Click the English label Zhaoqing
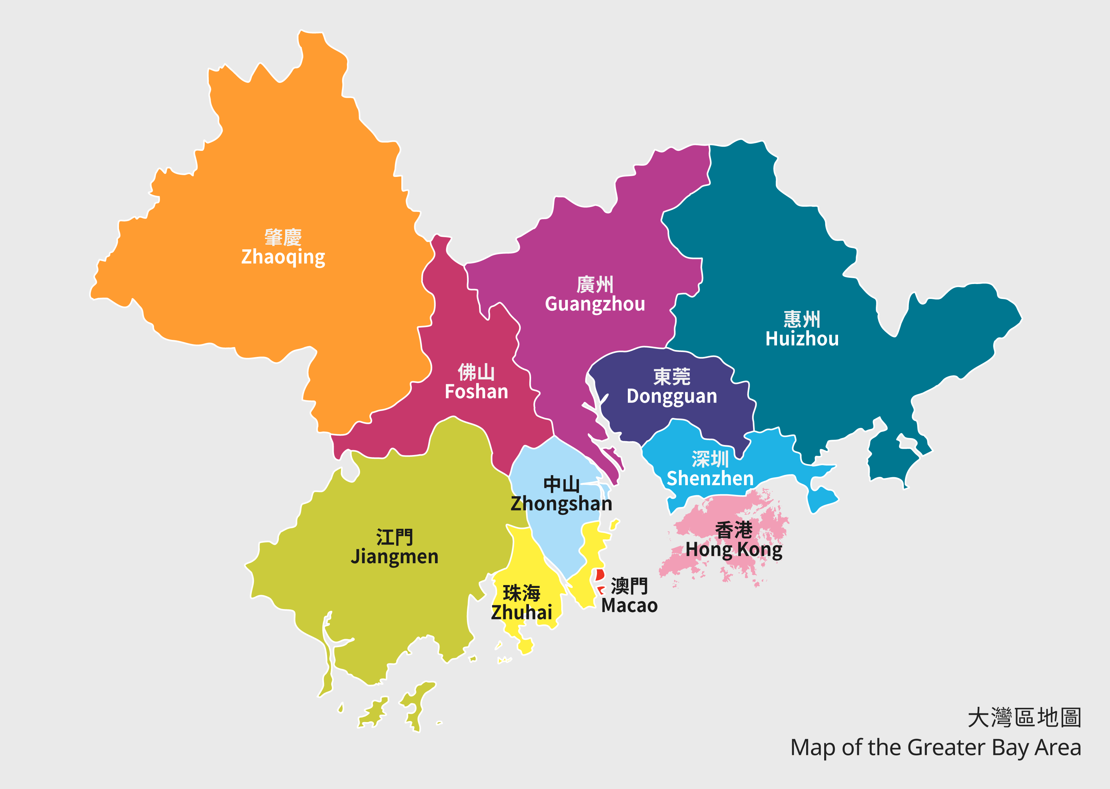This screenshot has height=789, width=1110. coord(283,257)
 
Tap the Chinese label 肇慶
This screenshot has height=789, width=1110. coord(283,238)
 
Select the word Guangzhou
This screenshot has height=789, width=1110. coord(595,305)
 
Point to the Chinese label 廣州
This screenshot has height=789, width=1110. coord(595,285)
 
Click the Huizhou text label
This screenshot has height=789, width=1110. coord(802,338)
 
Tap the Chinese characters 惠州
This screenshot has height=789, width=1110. coord(802,319)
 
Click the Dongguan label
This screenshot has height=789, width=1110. coord(672,396)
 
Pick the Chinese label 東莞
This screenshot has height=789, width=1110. coord(672,377)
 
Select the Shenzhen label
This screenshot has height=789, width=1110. coord(710,479)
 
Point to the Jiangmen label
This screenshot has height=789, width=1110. coord(394,557)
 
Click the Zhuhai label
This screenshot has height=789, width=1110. coord(522,612)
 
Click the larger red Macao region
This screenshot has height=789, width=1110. coord(600,575)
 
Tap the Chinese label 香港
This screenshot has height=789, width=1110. coord(734,530)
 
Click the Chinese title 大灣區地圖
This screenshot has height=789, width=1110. coord(1024,718)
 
